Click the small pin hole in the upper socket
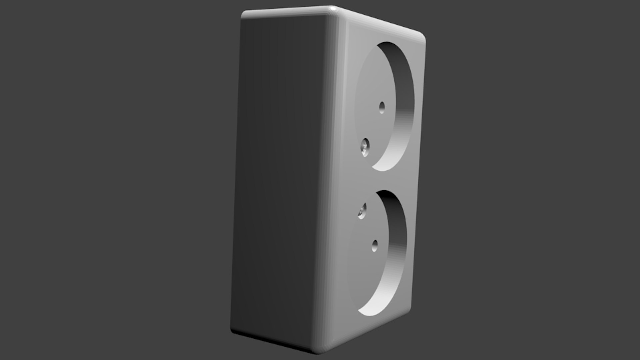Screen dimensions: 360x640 (382, 107)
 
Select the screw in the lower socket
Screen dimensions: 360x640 (362, 211)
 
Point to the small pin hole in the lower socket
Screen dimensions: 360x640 (375, 246)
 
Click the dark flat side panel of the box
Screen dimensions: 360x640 (280, 180)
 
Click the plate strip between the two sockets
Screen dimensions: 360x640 (383, 182)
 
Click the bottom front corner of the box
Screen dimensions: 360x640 (317, 350)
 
